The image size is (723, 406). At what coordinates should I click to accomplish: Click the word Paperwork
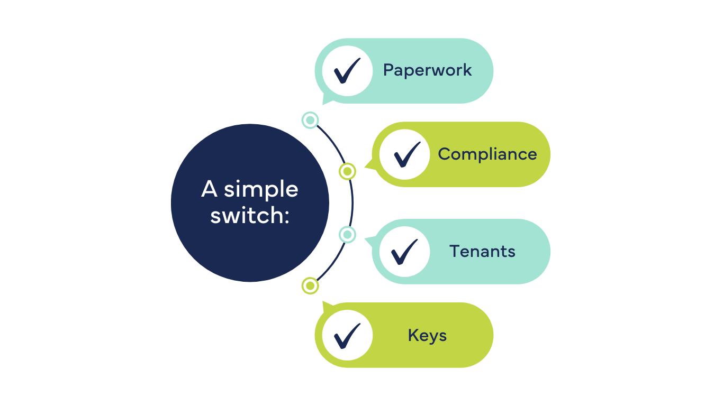[x=427, y=70]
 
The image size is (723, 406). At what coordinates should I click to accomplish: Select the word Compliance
[x=487, y=154]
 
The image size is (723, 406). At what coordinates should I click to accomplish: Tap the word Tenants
[x=482, y=251]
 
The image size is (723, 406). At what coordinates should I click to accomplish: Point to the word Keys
[x=427, y=336]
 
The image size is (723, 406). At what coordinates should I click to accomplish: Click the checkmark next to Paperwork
[x=347, y=71]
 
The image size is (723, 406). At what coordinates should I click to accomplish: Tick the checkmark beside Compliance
[x=405, y=154]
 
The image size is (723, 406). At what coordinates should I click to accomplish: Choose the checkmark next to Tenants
[x=404, y=252]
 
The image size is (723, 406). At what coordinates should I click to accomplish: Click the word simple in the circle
[x=261, y=190]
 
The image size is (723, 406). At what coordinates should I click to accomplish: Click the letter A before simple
[x=209, y=189]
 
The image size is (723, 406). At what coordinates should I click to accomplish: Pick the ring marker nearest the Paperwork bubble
[x=310, y=120]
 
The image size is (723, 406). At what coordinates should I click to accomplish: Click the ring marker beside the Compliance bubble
[x=347, y=171]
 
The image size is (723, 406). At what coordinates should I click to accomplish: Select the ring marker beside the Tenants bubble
[x=347, y=234]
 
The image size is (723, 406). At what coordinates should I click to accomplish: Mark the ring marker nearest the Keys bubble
[x=310, y=286]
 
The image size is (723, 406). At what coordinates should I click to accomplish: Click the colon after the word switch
[x=287, y=216]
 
